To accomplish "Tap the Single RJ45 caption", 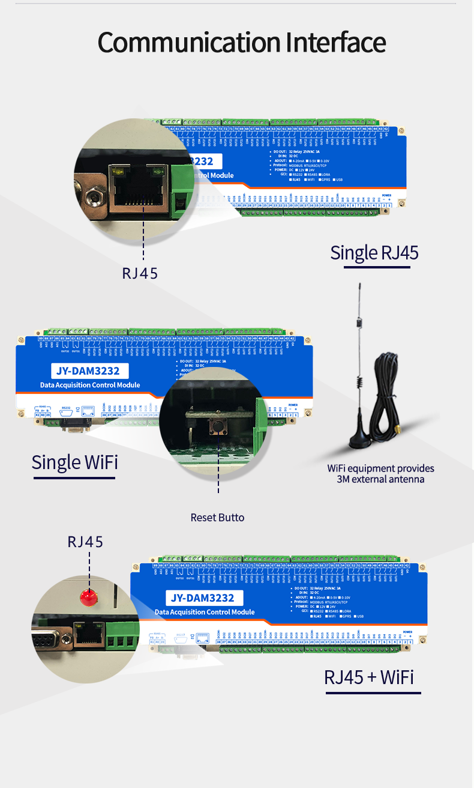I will point(374,253).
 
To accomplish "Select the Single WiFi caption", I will point(74,462).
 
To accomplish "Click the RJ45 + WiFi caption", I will point(369,677).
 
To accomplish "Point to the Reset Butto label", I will point(217,517).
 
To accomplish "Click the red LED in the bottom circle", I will point(89,597).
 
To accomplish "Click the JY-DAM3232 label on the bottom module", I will point(202,598).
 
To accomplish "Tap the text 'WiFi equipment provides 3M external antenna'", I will point(380,473).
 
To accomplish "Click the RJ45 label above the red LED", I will point(85,542).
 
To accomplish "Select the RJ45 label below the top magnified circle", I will point(140,273).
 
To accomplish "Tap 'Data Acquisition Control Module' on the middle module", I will point(90,385).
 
